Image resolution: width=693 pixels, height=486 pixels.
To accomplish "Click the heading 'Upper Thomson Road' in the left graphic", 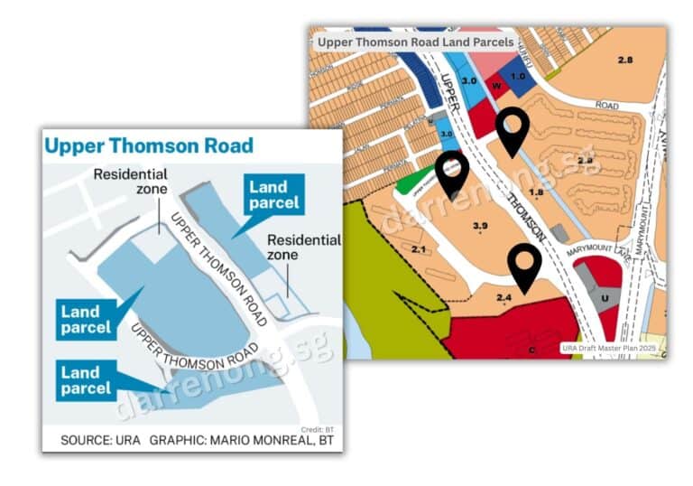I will (x=149, y=146).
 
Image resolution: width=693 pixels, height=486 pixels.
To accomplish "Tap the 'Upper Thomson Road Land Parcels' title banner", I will (x=416, y=42).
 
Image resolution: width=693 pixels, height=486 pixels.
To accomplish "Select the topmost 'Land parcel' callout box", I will (x=274, y=194).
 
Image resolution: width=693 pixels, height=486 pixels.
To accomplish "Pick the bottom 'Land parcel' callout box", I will (x=86, y=379).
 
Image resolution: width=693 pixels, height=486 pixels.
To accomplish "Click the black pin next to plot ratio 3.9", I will (x=451, y=171).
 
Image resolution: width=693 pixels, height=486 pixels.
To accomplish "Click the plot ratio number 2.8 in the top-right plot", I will (x=625, y=60).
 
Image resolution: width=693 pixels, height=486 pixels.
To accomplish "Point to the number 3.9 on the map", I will (x=480, y=226).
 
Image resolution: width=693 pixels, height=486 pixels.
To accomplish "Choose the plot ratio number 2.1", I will (x=418, y=248).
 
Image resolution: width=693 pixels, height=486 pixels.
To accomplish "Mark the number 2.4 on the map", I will (x=504, y=297).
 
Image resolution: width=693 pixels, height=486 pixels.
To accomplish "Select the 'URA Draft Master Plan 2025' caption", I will (x=613, y=348).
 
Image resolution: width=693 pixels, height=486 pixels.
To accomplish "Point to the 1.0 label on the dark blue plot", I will (x=518, y=76).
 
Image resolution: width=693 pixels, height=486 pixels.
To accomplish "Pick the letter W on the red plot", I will (x=495, y=87).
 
